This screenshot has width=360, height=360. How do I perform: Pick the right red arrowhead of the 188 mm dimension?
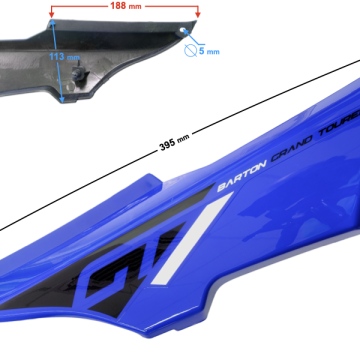point(198,16)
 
